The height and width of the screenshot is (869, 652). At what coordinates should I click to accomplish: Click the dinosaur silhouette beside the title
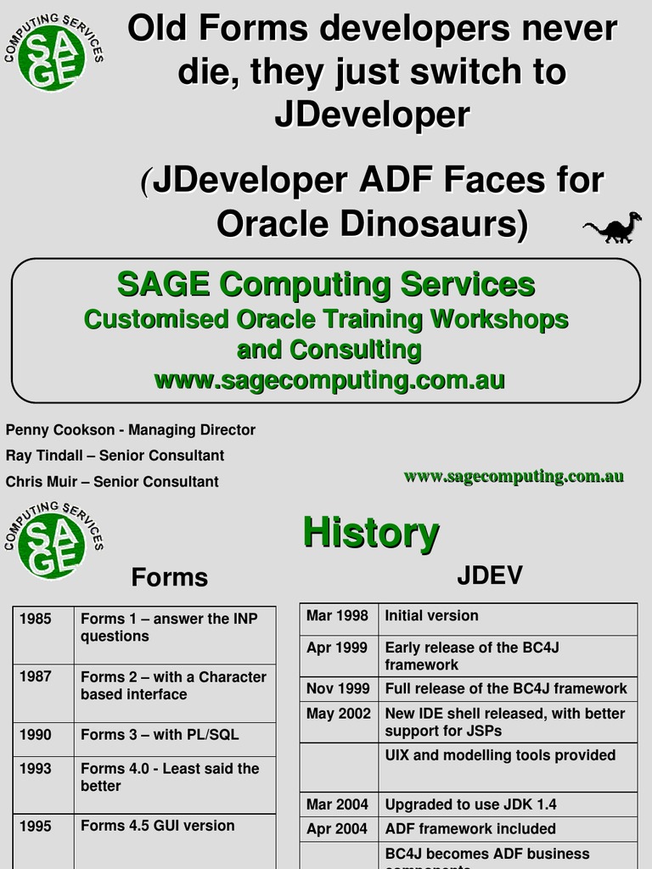pos(612,227)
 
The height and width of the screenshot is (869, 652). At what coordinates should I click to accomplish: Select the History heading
pos(371,533)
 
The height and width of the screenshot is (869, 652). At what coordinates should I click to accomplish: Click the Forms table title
pos(169,578)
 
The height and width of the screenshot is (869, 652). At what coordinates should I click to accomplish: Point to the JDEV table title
pos(489,576)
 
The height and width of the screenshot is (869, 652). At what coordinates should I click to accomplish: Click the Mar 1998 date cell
pos(337,616)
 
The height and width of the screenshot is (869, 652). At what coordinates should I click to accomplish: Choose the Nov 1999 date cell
pos(337,689)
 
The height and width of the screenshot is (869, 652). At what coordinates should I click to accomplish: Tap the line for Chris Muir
pos(112,482)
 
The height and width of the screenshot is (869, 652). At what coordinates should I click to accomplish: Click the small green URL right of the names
pos(514,477)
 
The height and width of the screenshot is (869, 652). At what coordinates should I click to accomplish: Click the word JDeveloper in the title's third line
pos(371,115)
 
